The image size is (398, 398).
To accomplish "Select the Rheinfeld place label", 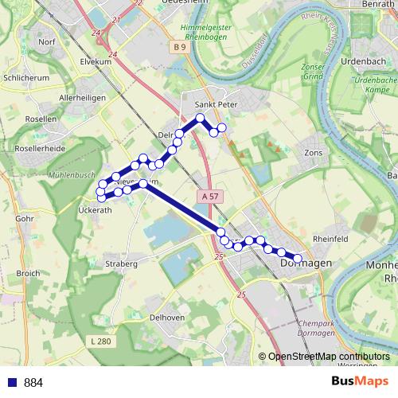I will coord(332,238).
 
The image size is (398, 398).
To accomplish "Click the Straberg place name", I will coord(121,263).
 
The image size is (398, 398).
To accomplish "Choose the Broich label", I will coord(28,273).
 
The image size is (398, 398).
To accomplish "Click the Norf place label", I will coord(46,41).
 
